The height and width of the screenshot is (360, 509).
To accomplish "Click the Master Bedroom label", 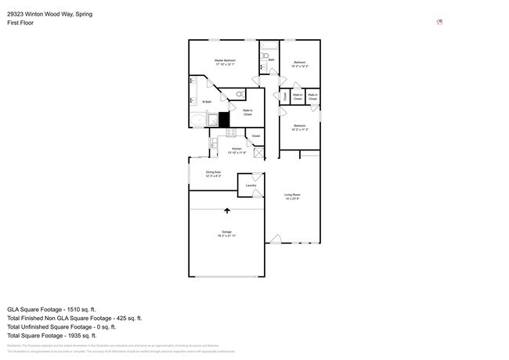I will tap(225, 60).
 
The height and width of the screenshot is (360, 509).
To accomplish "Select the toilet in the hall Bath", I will tap(265, 56).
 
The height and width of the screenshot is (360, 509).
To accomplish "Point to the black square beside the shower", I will tap(224, 120).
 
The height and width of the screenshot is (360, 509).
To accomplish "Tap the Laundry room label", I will tap(251, 185).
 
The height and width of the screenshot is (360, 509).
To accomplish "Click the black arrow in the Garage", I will tap(227, 211).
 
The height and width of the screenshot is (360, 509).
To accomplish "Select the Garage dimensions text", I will tap(227, 236).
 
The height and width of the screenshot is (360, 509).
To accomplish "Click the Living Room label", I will tap(293, 195).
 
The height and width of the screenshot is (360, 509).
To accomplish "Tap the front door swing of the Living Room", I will tap(274, 238).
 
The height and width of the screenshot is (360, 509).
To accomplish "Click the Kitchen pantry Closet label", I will tap(255, 136).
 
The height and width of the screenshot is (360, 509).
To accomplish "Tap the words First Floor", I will tap(20, 23).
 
